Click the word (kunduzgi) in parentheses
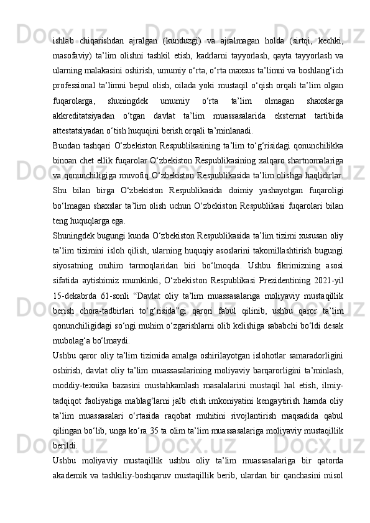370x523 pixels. pos(193,42)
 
